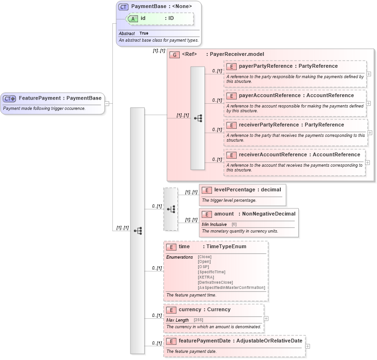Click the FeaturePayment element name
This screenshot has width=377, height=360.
point(40,98)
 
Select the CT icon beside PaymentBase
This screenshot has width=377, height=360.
point(123,7)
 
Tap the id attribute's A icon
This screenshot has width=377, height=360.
point(134,18)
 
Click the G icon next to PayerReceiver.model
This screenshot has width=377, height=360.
point(174,54)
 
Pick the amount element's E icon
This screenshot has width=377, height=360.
point(206,214)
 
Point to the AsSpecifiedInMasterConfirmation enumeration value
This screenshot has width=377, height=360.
point(231,288)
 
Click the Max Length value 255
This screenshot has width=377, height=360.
point(198,320)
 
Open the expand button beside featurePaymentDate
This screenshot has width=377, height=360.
point(308,346)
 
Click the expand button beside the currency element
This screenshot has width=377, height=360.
point(266,319)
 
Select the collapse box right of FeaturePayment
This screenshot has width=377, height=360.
point(107,103)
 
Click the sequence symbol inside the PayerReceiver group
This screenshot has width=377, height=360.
point(198,118)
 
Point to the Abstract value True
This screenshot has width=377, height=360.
point(144,34)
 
